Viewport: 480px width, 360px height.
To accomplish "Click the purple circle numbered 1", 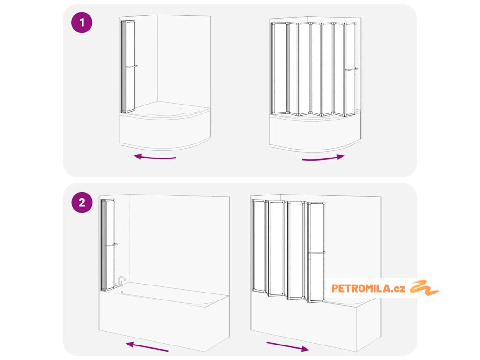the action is [82, 22].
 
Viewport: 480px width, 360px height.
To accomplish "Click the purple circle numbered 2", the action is [82, 202].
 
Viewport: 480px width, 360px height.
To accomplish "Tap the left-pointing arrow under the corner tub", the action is [155, 157].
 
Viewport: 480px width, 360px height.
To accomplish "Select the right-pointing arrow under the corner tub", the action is [323, 158].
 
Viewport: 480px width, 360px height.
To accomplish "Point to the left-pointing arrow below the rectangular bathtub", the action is [147, 346].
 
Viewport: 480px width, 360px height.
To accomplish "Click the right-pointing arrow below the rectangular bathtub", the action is [288, 346].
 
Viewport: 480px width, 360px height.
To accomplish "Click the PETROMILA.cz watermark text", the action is [368, 288].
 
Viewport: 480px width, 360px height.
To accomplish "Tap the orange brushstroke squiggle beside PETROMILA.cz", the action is [424, 288].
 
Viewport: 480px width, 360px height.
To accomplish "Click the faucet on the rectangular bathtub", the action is [120, 281].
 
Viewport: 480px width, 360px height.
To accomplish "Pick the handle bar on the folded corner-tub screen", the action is [131, 66].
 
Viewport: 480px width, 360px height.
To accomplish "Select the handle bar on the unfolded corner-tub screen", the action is [352, 69].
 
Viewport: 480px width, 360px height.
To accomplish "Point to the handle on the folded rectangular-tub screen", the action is [112, 245].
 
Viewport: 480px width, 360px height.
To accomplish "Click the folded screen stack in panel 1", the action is [128, 67].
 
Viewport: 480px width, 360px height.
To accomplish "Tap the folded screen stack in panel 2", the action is [108, 245].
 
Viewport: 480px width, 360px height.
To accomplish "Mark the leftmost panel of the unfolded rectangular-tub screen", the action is [259, 245].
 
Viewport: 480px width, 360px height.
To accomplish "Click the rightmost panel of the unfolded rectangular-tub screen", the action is [316, 252].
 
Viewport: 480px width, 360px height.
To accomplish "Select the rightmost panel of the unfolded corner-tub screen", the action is [350, 69].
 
